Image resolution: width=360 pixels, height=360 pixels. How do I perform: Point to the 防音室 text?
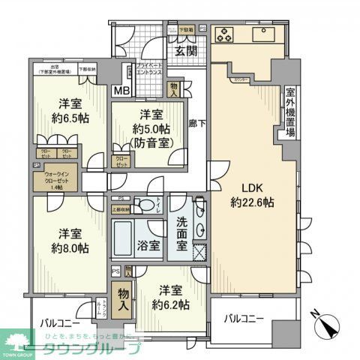point(147,141)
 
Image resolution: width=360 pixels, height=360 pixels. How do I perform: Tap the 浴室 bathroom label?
point(142,246)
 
